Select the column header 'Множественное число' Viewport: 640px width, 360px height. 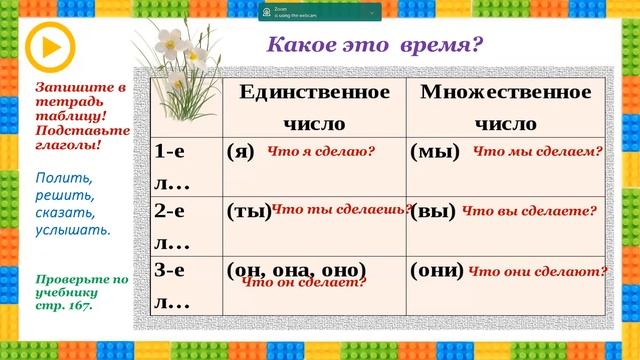click(507, 107)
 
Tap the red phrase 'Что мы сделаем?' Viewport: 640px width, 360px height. click(537, 152)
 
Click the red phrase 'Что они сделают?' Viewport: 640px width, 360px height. click(538, 271)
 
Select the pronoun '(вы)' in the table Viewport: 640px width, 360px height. click(433, 211)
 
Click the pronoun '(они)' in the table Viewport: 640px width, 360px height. click(437, 271)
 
